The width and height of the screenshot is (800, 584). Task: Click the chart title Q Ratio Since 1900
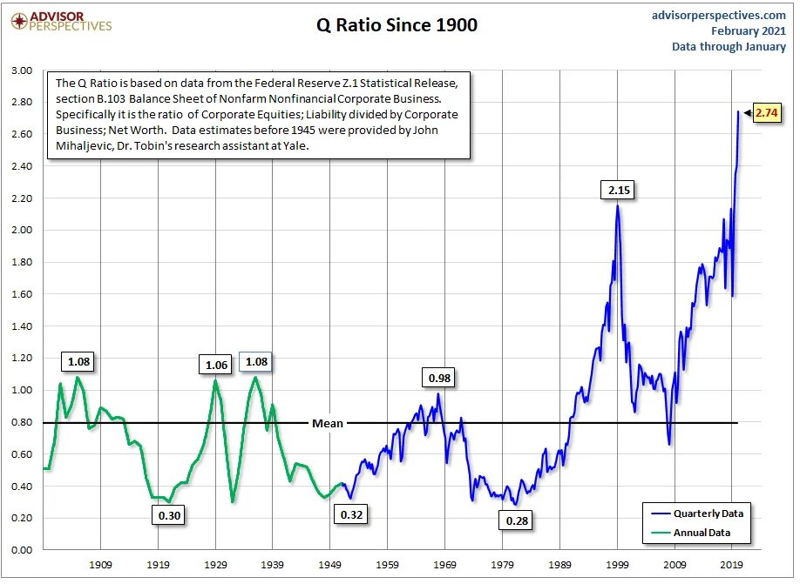point(397,25)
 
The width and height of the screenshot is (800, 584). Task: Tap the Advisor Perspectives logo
point(58,21)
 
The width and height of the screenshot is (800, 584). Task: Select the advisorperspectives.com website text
point(718,15)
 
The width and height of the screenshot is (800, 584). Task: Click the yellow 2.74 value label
point(767,112)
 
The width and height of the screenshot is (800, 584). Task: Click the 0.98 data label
point(439,378)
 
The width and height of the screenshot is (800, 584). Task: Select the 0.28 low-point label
point(516,520)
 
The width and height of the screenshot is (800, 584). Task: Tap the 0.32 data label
point(352,514)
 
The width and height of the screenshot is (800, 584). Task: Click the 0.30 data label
point(169,515)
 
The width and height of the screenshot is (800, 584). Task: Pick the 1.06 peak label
point(215,365)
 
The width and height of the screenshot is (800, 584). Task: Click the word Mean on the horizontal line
point(328,424)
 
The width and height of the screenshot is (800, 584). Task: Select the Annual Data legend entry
point(697,533)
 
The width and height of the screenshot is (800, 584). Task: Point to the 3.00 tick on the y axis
point(22,70)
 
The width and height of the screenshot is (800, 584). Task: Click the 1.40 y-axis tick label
point(22,326)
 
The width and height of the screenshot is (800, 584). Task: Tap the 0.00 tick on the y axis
point(22,550)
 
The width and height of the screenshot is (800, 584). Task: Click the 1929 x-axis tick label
point(215,564)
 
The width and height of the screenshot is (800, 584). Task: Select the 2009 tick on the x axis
point(675,564)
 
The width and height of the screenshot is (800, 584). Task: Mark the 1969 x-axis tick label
point(445,564)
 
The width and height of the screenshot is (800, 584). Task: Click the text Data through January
point(729,47)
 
